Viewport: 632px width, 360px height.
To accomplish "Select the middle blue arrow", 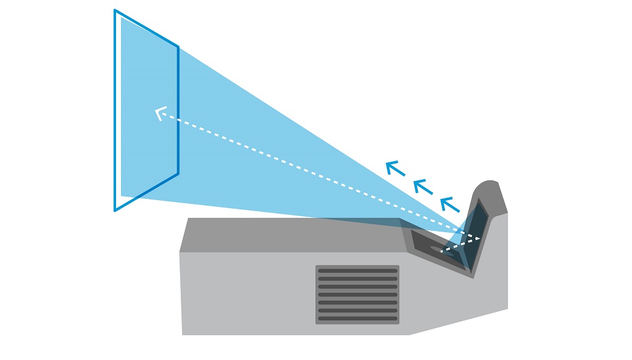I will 422,185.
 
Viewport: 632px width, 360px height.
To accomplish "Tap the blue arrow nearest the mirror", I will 449,203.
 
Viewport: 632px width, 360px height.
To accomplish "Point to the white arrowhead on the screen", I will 160,113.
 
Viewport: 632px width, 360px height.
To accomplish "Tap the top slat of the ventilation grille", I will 357,270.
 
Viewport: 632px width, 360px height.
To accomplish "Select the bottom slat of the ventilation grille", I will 357,319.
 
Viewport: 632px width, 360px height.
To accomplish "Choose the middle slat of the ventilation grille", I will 357,295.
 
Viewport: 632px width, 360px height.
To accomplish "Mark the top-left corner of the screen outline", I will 115,10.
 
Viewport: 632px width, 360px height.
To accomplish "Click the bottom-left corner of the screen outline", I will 115,210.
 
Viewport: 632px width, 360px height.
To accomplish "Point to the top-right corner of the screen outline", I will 178,46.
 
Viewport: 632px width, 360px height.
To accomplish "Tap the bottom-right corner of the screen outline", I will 178,174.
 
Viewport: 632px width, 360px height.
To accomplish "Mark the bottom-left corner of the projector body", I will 183,334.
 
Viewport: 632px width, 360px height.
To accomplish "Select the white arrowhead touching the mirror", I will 478,238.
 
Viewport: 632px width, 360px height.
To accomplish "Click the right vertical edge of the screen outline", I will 178,111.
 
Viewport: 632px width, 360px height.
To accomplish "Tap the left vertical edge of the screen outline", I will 115,111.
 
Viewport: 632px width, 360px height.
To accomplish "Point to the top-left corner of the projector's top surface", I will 189,219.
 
